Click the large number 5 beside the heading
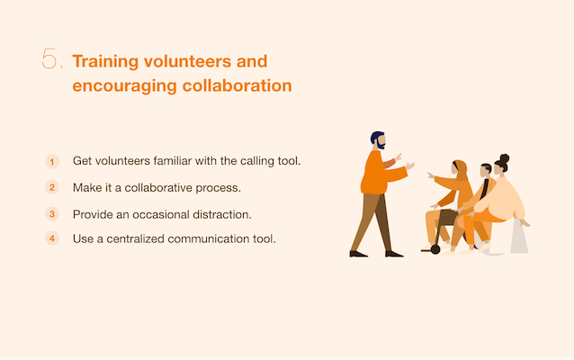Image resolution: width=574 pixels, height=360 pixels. tap(49, 58)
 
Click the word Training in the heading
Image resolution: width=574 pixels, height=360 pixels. tap(105, 62)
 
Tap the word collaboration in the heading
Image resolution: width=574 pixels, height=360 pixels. tap(238, 85)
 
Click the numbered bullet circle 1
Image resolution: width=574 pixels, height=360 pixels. tap(52, 161)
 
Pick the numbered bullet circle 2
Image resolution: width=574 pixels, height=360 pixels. tap(52, 187)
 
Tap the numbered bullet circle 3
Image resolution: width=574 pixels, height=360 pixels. tap(52, 214)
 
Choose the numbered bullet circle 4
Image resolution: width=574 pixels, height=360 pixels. tap(52, 238)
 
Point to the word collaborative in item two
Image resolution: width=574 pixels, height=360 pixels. tap(158, 187)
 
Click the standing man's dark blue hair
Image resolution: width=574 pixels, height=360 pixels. tap(375, 137)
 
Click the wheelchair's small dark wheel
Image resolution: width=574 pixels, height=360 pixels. tap(435, 250)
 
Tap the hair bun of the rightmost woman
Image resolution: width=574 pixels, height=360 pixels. tap(505, 158)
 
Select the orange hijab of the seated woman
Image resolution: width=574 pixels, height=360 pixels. tap(462, 170)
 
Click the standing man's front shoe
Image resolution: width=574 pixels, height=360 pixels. tap(394, 254)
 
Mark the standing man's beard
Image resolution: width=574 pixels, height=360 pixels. tap(381, 146)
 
